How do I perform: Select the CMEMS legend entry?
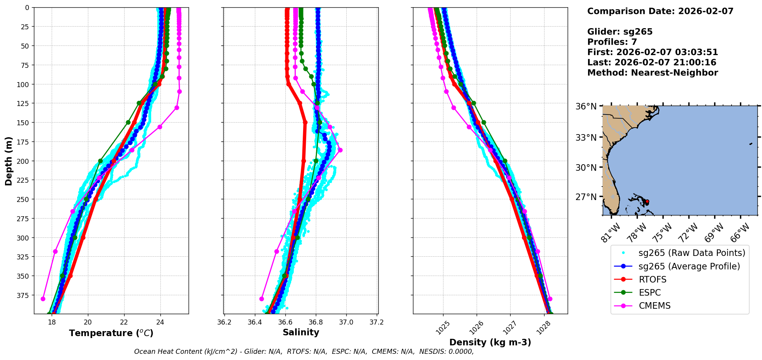(654, 306)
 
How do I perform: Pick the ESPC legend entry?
(650, 293)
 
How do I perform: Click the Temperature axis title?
(111, 333)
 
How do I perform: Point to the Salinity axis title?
(301, 332)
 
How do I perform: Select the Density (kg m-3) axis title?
(490, 342)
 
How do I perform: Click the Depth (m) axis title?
(9, 161)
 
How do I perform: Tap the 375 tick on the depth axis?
(24, 295)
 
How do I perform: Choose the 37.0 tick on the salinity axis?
(346, 322)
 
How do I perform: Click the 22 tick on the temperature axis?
(124, 322)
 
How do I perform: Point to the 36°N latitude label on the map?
(586, 106)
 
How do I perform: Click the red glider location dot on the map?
(647, 202)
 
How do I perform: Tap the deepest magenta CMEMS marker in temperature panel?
(43, 299)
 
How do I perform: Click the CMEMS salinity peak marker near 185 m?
(340, 150)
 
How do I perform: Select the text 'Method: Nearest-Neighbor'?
(652, 73)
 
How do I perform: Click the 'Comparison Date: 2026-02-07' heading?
(660, 11)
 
